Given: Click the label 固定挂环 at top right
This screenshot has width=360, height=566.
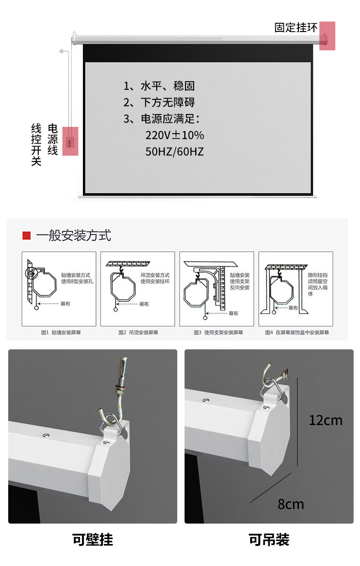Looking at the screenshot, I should click(296, 28).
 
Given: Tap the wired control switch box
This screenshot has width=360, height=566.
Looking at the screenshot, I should click(70, 141).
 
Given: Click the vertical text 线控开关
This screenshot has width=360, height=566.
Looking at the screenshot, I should click(36, 144).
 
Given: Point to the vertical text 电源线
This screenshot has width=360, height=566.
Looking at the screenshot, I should click(53, 140).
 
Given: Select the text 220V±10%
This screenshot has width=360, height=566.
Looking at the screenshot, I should click(175, 135).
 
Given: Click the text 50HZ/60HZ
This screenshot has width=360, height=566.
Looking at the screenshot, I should click(175, 152).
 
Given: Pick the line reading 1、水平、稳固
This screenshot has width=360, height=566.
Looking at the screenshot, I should click(159, 86).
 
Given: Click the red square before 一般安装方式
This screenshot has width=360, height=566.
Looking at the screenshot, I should click(26, 235).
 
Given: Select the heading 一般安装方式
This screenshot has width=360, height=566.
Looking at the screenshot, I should click(73, 235).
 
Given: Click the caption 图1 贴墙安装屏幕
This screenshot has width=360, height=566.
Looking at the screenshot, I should click(59, 332).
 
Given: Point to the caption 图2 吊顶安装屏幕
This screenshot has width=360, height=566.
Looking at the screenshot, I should click(138, 332).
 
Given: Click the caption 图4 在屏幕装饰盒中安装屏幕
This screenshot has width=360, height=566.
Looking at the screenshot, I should click(297, 332).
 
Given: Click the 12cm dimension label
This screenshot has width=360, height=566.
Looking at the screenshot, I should click(325, 420).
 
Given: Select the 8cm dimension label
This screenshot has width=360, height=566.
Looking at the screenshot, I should click(291, 504).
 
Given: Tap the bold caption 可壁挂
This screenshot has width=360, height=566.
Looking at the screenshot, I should click(93, 540).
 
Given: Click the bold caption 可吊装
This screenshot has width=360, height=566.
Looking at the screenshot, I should click(269, 540).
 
